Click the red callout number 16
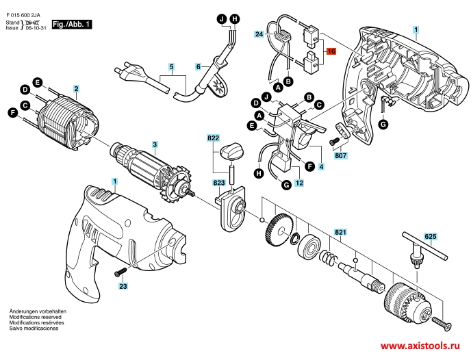click(331, 52)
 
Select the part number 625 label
click(430, 237)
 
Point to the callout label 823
click(219, 183)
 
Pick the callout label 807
click(340, 155)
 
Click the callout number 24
click(259, 34)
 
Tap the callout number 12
click(299, 183)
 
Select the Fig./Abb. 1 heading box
click(73, 25)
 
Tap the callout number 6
click(198, 66)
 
